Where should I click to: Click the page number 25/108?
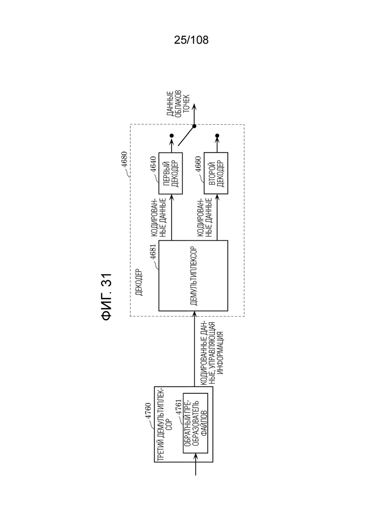[191, 40]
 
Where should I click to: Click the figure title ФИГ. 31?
[106, 296]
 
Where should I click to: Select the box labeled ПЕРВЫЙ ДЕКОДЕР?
[171, 174]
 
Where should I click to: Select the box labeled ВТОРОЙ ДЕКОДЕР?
[216, 174]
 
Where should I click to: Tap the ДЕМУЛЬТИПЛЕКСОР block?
[193, 276]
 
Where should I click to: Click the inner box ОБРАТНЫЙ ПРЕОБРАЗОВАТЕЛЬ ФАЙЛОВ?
[195, 423]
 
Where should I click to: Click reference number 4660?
[198, 165]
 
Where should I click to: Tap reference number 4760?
[148, 411]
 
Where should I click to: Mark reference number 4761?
[178, 408]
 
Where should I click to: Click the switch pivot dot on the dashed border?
[194, 126]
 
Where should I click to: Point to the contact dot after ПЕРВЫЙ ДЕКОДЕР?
[171, 136]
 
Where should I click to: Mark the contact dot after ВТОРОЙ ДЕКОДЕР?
[217, 136]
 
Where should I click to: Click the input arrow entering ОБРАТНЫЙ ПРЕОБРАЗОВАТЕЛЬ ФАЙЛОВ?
[196, 464]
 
